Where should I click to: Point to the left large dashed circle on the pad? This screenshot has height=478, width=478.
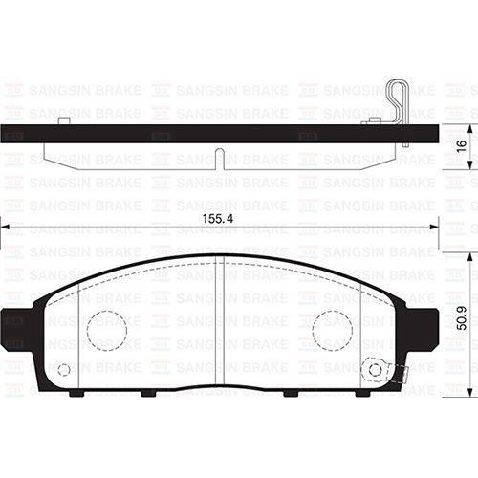[106, 330]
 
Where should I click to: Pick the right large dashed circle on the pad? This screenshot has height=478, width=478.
[332, 330]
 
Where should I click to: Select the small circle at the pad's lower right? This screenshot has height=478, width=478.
[375, 370]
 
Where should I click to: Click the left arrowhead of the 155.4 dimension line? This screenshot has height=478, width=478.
[5, 226]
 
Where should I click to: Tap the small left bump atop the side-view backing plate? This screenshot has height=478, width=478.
[63, 120]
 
